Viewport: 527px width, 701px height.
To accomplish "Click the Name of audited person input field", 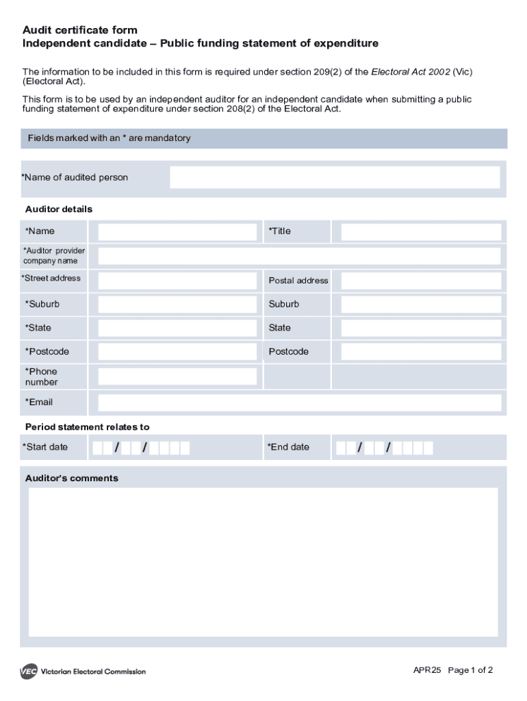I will click(x=335, y=177).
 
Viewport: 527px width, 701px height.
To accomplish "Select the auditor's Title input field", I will click(x=421, y=231).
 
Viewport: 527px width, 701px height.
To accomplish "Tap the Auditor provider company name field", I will click(x=299, y=256).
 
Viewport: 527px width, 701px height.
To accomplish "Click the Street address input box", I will click(x=177, y=280).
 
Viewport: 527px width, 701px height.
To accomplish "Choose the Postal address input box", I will click(x=421, y=280).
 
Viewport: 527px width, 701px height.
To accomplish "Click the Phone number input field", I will click(x=177, y=377).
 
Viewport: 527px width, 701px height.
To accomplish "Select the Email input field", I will click(x=299, y=403).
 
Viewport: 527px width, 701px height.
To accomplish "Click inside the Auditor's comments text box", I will click(x=263, y=561).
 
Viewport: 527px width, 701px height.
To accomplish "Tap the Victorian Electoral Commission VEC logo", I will click(x=29, y=672).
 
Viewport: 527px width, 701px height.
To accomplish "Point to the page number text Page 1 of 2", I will click(x=470, y=670).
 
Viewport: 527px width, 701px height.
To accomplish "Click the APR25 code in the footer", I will click(x=427, y=670).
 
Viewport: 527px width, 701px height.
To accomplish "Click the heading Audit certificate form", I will click(x=80, y=30).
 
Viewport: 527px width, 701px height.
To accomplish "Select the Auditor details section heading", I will click(x=59, y=209).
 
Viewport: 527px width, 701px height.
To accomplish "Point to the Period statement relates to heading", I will click(x=87, y=426).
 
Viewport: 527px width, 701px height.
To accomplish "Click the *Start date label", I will click(x=45, y=447).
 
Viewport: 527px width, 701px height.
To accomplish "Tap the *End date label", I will click(x=288, y=447).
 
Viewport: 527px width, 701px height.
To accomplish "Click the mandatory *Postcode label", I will click(x=47, y=352).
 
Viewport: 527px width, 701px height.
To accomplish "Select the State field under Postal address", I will click(x=421, y=328).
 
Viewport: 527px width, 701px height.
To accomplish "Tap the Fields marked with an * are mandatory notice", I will click(x=109, y=138).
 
